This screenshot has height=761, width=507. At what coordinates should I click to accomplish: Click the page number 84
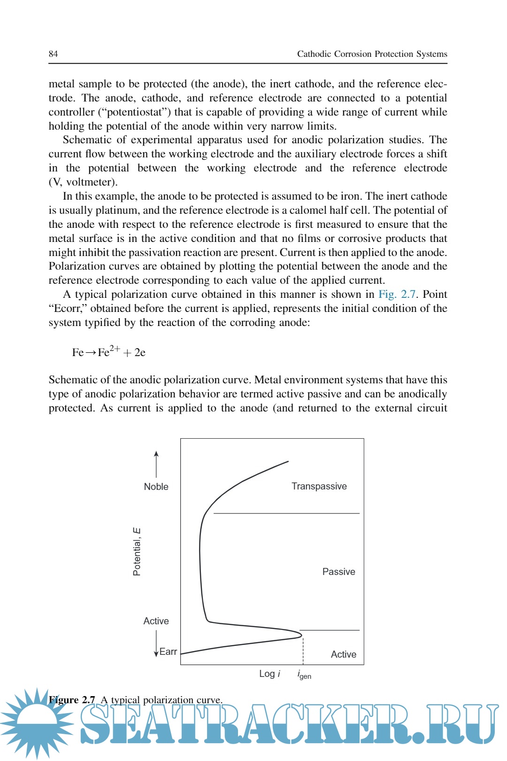click(x=54, y=54)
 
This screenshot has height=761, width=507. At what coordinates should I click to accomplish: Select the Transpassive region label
click(x=319, y=486)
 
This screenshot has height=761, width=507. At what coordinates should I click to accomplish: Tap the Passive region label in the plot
click(x=338, y=572)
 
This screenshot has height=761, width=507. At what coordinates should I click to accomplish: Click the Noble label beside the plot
click(x=156, y=487)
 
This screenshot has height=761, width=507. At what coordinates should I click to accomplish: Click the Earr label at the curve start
click(x=168, y=652)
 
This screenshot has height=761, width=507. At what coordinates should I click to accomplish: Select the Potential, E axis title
click(x=137, y=551)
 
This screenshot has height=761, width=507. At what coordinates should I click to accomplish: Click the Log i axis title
click(x=269, y=674)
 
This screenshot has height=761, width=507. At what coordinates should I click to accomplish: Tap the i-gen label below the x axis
click(x=304, y=675)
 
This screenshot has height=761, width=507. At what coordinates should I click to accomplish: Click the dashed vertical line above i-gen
click(x=303, y=651)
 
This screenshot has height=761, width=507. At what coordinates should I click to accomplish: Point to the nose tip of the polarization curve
click(x=301, y=635)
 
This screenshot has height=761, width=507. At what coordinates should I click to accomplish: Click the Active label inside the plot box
click(x=343, y=654)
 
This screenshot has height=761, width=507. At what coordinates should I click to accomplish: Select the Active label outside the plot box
click(x=156, y=621)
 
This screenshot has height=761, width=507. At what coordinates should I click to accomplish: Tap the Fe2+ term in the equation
click(x=109, y=352)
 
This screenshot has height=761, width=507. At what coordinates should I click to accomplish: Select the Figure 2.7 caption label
click(x=72, y=700)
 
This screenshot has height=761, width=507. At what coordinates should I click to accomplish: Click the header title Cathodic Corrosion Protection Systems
click(x=372, y=54)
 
